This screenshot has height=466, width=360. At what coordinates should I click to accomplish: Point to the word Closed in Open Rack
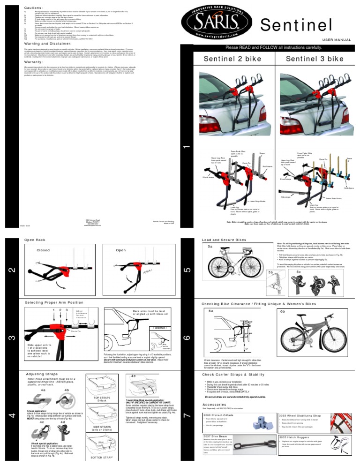coord(43,250)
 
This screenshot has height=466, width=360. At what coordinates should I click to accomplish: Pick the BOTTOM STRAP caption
coord(103,457)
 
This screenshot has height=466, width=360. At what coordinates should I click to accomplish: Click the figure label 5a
coord(210,246)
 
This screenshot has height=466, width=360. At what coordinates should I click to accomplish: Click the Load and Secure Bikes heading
coord(223,240)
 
